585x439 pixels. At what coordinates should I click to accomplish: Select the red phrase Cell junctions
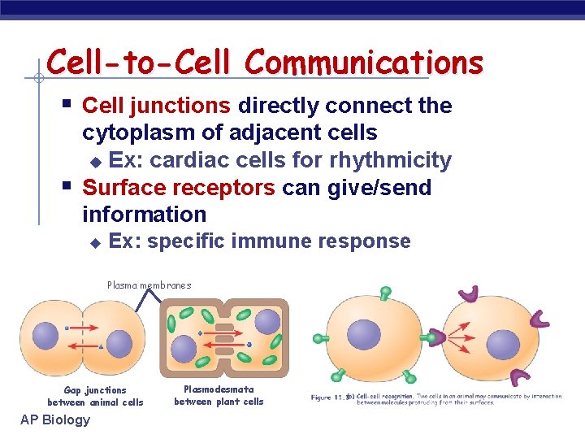(x=157, y=106)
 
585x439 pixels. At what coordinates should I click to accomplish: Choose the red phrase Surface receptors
(x=179, y=188)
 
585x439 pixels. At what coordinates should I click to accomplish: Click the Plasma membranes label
(x=149, y=285)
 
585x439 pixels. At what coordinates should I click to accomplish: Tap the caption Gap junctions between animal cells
(x=95, y=396)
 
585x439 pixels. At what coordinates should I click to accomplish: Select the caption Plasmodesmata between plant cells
(x=219, y=395)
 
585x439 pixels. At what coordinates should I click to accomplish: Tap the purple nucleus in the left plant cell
(x=184, y=349)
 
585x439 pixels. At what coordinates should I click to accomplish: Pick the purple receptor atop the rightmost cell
(x=469, y=295)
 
